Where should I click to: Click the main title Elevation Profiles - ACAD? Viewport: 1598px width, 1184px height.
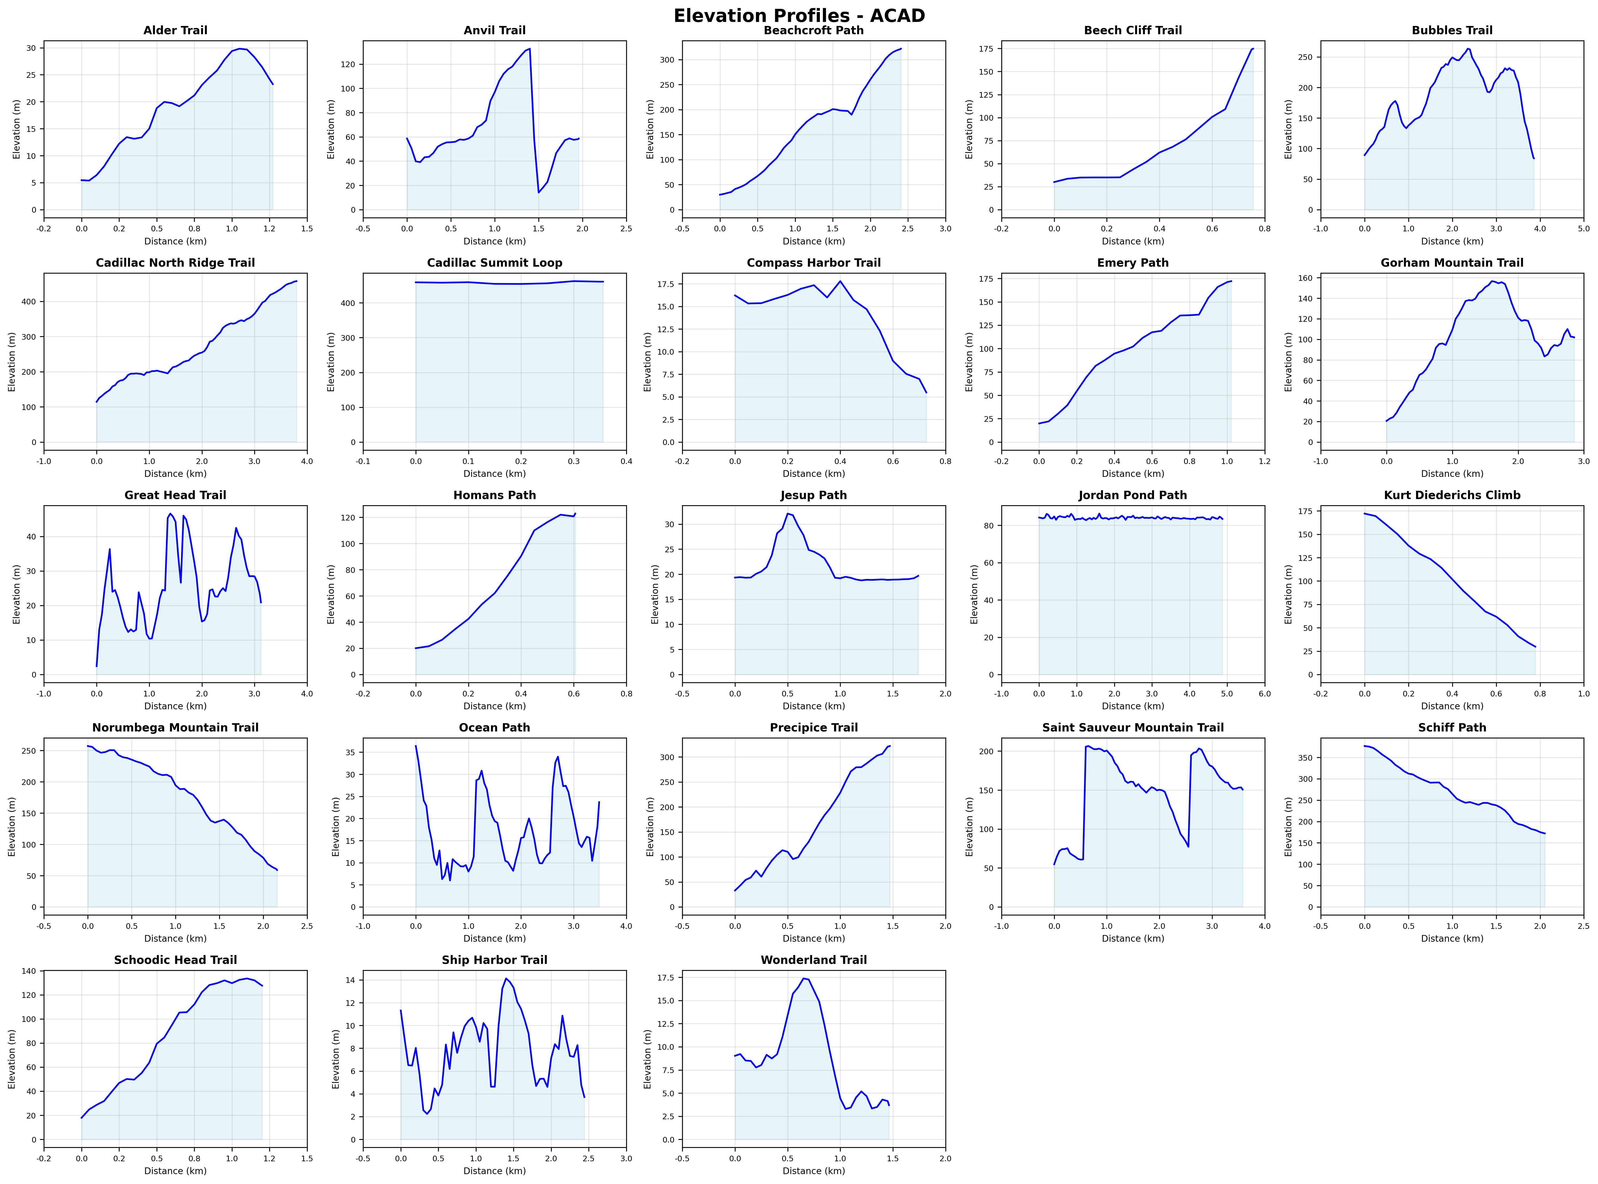click(799, 16)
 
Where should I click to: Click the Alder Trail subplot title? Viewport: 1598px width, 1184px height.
click(175, 30)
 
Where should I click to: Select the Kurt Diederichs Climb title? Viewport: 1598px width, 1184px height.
click(1452, 495)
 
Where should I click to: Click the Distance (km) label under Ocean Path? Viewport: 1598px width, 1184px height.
click(494, 938)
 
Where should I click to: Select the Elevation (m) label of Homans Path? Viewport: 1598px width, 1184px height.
click(331, 594)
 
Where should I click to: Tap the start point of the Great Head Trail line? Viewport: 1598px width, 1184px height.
click(97, 666)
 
